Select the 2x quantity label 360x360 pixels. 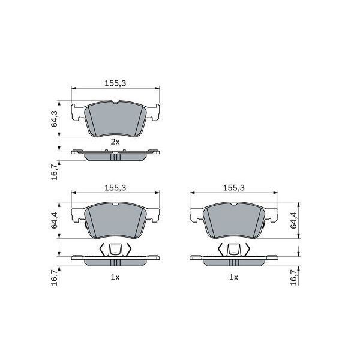(115, 142)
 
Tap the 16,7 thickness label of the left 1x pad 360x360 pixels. (54, 277)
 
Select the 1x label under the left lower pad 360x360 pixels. (115, 277)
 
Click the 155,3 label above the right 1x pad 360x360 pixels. (233, 187)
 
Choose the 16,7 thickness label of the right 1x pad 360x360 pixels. (293, 277)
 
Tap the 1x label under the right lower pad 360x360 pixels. (233, 277)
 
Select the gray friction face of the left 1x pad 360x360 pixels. (116, 223)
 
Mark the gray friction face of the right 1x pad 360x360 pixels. (234, 223)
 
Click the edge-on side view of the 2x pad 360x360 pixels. (116, 155)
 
